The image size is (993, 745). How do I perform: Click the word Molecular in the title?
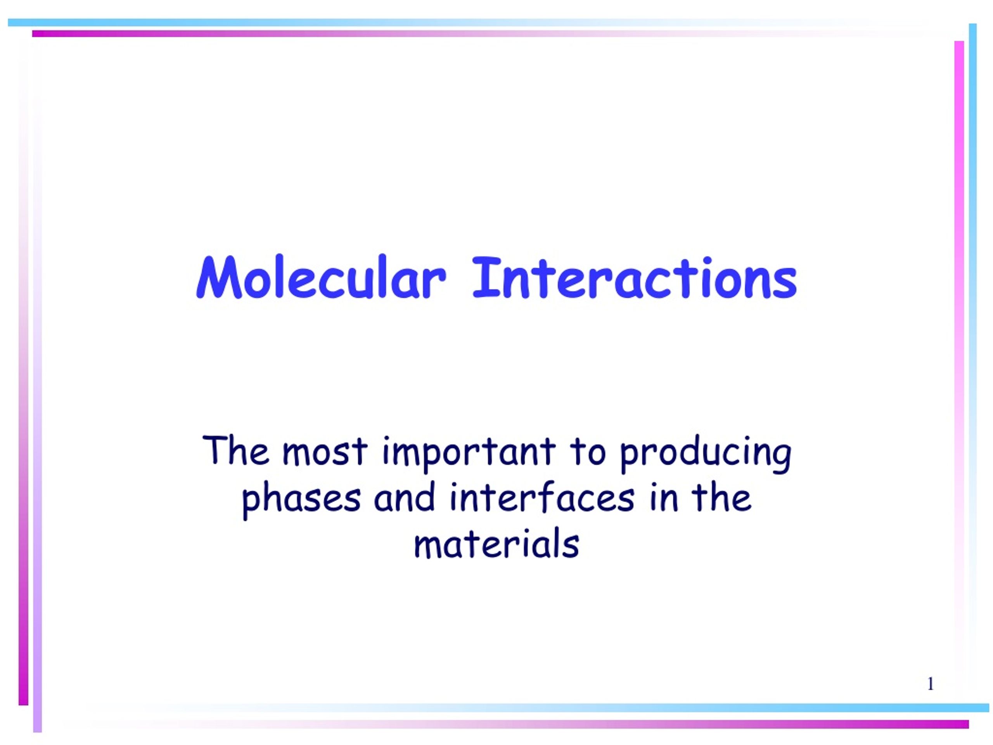click(x=320, y=277)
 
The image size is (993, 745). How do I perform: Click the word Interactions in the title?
click(x=634, y=277)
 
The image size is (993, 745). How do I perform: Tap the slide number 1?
click(x=931, y=684)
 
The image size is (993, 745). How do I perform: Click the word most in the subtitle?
click(x=325, y=451)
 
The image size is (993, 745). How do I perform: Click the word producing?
click(x=705, y=454)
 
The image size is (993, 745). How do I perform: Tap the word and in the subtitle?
click(x=405, y=497)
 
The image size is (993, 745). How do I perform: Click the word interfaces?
click(x=542, y=497)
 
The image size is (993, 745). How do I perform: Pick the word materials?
click(x=496, y=544)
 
